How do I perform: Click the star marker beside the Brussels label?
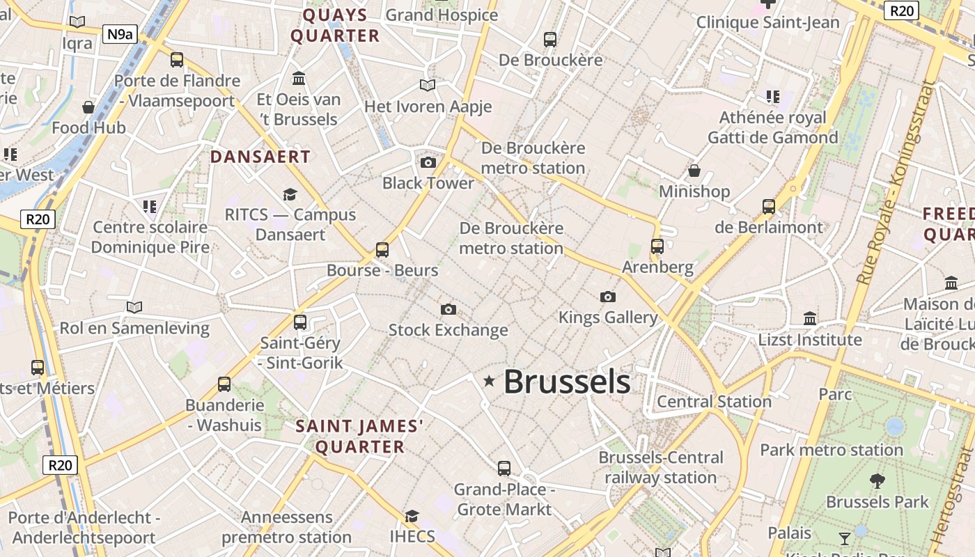490,380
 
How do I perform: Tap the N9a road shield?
119,34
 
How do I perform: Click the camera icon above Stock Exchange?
448,309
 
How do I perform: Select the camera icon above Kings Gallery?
608,297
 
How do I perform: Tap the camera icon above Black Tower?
428,163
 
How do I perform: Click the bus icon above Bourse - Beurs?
382,249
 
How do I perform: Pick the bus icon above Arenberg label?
657,246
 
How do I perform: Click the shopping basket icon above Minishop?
694,171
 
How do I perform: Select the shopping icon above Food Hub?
88,107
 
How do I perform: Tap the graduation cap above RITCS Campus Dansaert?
290,195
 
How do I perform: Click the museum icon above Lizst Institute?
810,319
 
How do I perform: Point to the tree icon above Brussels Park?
877,480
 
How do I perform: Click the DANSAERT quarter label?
260,157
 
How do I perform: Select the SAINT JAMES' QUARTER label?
360,437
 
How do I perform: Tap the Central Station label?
714,402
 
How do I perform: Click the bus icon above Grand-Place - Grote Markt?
504,469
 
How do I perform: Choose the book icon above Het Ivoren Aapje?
428,86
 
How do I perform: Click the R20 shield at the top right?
901,10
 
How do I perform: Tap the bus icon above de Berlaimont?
769,207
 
